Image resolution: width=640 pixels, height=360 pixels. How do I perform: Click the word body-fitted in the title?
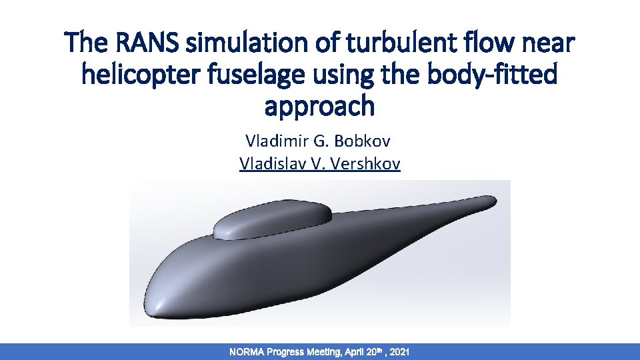click(x=493, y=75)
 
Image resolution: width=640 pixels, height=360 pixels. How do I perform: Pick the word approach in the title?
click(x=320, y=105)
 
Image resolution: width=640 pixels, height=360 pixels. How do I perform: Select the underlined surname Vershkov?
click(x=365, y=163)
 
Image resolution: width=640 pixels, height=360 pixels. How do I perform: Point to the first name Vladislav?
click(x=270, y=163)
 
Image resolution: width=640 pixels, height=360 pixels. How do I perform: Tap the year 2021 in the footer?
click(x=397, y=351)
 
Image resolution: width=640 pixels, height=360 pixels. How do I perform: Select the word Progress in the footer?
click(x=285, y=351)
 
